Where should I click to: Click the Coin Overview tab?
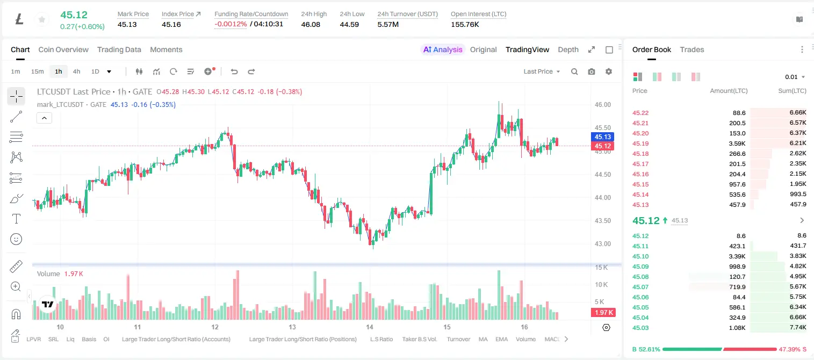63,49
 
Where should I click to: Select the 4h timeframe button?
76,71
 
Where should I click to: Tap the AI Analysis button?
443,49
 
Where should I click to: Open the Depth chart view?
568,49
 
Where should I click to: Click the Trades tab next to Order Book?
692,49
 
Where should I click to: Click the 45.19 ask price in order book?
640,143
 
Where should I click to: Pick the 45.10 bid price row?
640,256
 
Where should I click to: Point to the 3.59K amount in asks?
737,143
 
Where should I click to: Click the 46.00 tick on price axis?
602,105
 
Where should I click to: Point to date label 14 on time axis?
370,327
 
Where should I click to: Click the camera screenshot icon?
592,71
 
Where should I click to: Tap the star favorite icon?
42,19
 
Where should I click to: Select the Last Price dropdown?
542,71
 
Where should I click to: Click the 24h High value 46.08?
311,24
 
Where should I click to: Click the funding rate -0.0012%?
230,24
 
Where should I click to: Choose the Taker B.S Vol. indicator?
419,339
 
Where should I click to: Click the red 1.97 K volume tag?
603,312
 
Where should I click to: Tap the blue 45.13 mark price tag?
602,137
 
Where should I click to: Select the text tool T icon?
16,219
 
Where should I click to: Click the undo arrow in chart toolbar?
234,71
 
